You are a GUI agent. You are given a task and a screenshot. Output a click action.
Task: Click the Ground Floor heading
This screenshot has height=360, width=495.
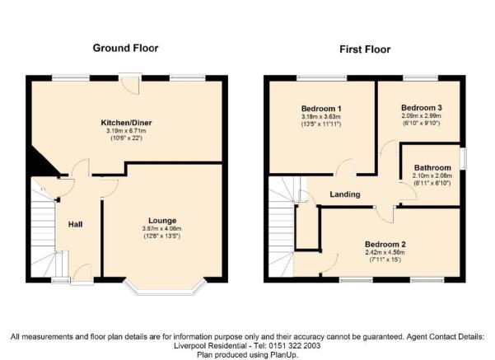[125, 48]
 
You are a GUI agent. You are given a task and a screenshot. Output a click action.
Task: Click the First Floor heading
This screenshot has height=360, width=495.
[365, 49]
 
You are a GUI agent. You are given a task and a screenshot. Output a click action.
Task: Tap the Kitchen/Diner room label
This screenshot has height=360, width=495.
[126, 123]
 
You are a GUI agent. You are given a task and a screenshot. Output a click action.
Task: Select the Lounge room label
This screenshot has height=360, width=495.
[162, 221]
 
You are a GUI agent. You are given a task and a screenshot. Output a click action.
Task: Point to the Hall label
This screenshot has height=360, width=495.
[76, 224]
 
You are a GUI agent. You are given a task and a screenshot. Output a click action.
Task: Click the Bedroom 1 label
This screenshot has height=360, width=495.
[321, 109]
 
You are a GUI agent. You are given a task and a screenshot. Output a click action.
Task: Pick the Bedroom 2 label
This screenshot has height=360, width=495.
[385, 244]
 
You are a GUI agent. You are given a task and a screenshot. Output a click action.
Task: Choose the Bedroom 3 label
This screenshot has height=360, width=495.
[422, 108]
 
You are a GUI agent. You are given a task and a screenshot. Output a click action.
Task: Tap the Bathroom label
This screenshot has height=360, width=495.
[432, 167]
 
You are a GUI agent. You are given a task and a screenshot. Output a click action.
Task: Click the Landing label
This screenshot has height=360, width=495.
[345, 194]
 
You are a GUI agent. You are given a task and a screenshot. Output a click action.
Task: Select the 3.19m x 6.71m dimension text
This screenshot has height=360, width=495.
[126, 131]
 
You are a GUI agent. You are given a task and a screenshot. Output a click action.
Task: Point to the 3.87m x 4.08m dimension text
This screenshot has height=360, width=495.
[162, 228]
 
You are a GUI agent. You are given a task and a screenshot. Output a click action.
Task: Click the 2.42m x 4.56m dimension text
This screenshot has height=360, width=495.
[385, 252]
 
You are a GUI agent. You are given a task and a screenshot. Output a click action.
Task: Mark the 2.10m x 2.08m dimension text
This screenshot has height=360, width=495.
[432, 175]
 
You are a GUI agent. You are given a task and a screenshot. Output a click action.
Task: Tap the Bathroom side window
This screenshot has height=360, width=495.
[463, 158]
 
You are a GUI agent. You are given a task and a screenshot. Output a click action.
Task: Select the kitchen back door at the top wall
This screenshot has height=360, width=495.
[130, 83]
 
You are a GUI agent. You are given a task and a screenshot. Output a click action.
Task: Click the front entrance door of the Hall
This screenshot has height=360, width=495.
[82, 274]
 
